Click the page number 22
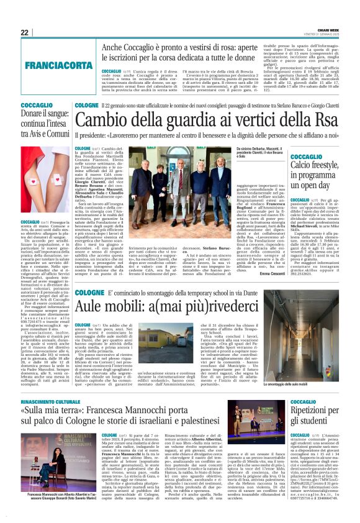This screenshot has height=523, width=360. (x=25, y=32)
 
